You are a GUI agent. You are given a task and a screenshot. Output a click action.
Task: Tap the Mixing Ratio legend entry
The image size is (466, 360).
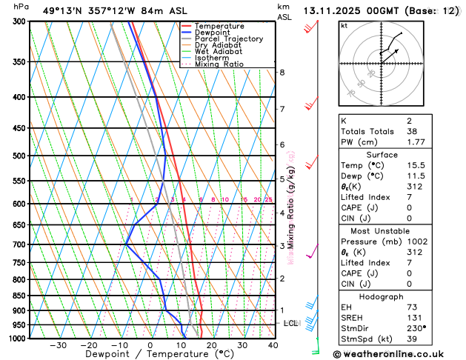click(219, 64)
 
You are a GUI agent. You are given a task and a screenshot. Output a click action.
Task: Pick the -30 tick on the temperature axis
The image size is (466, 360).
click(58, 345)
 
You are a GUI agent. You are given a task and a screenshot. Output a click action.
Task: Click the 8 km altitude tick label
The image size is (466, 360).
click(282, 73)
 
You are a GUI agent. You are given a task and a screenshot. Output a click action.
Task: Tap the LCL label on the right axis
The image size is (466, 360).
click(290, 324)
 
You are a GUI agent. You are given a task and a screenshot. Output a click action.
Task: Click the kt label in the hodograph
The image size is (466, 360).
click(344, 25)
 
